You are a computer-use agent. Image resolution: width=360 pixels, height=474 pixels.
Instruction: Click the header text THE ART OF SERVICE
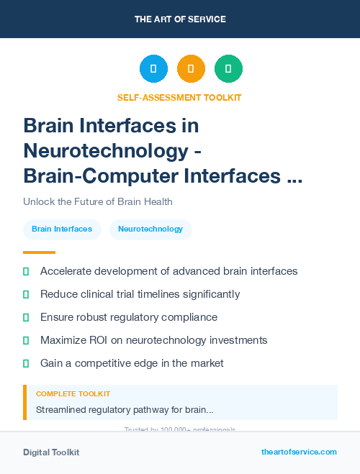point(180,19)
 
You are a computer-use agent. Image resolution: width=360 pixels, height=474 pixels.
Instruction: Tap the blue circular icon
point(153,69)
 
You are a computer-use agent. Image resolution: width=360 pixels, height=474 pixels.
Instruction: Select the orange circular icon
point(191,69)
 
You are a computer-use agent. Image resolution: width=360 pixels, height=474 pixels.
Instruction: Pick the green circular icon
point(228,69)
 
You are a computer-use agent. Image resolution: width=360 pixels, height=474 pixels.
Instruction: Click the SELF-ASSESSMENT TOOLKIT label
point(180,97)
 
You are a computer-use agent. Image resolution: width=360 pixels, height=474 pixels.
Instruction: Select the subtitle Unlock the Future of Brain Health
point(98,201)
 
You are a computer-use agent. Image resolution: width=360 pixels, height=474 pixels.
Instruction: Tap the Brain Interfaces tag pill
point(62,229)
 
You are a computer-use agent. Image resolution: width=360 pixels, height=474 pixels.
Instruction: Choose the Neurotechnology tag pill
point(150,229)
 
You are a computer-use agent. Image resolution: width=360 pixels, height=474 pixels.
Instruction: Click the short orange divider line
point(39,252)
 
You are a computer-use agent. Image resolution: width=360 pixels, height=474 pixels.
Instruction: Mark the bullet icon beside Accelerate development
point(26,271)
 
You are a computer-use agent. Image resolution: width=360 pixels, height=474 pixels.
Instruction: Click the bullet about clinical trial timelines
point(140,294)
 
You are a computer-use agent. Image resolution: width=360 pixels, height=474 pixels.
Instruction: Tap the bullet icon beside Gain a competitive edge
point(26,363)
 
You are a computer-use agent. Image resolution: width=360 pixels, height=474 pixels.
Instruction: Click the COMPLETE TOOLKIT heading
point(73,394)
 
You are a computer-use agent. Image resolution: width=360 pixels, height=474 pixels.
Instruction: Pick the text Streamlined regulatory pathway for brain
point(125,410)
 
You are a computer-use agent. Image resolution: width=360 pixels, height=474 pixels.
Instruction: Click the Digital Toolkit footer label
point(51,452)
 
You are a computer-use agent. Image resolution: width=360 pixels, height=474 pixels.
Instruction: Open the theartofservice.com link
point(299,452)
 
